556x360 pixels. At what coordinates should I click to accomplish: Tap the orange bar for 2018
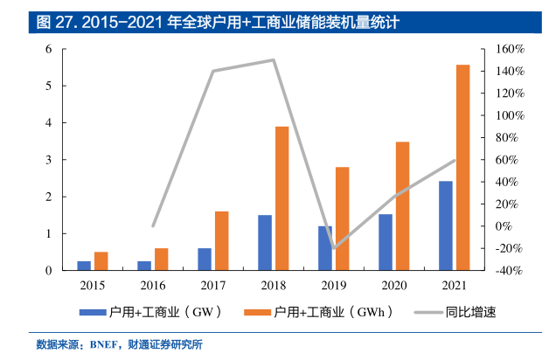tap(281, 198)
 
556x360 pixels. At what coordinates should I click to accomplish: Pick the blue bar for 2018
tap(264, 243)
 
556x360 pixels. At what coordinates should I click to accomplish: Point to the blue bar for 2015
tap(83, 266)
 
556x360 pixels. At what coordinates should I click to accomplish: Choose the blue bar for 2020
tap(385, 242)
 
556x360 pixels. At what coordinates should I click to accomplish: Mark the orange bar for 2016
tap(161, 260)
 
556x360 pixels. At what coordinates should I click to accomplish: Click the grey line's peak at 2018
tap(274, 59)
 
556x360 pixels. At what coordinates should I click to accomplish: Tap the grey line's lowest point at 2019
tap(334, 248)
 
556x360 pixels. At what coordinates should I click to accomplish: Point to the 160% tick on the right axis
tap(507, 49)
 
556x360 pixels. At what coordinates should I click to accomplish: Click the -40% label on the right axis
tap(506, 271)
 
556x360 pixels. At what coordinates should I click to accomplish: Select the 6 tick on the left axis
tap(50, 49)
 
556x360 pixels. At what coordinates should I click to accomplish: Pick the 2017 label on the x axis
tap(212, 285)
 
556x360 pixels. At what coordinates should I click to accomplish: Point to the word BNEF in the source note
tap(107, 344)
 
